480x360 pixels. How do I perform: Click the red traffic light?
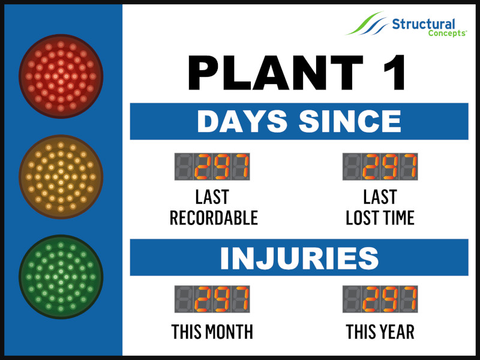61,76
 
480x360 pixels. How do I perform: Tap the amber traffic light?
61,176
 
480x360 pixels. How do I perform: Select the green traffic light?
61,277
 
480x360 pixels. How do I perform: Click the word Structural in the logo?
424,24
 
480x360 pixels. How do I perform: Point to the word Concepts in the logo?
447,33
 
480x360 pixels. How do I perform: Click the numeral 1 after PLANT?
395,73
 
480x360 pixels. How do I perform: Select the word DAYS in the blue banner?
242,121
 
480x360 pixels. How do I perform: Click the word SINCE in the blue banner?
350,121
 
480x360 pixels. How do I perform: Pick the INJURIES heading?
299,258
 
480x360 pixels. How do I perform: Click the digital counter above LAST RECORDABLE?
212,167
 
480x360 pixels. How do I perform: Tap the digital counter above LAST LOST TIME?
380,167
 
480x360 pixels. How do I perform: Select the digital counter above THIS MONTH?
212,299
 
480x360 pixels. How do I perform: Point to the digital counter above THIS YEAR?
380,299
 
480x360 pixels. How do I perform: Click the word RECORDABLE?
214,218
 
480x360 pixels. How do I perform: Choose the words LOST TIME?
380,218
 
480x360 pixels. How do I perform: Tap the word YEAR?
397,332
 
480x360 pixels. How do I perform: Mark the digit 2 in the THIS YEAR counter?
371,299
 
